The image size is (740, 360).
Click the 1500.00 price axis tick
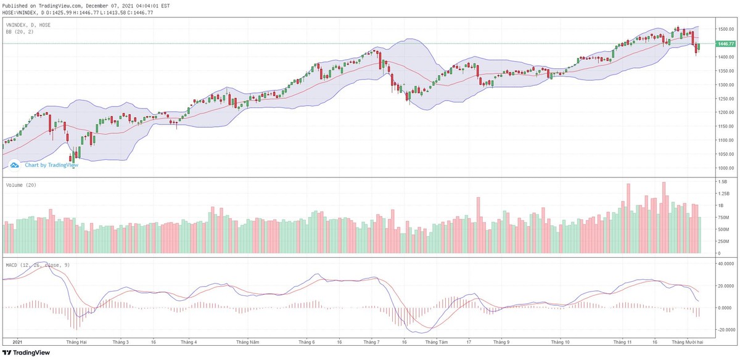point(723,30)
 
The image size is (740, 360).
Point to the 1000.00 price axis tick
point(723,168)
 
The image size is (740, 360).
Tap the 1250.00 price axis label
point(723,99)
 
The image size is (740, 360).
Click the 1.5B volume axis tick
point(721,182)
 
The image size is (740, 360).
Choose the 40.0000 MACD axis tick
point(725,264)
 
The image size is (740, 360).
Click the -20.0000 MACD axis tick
point(725,330)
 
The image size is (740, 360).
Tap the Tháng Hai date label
point(77,342)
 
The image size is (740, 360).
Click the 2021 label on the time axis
point(17,342)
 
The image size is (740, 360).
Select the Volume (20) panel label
point(21,185)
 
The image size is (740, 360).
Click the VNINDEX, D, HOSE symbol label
point(28,25)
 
